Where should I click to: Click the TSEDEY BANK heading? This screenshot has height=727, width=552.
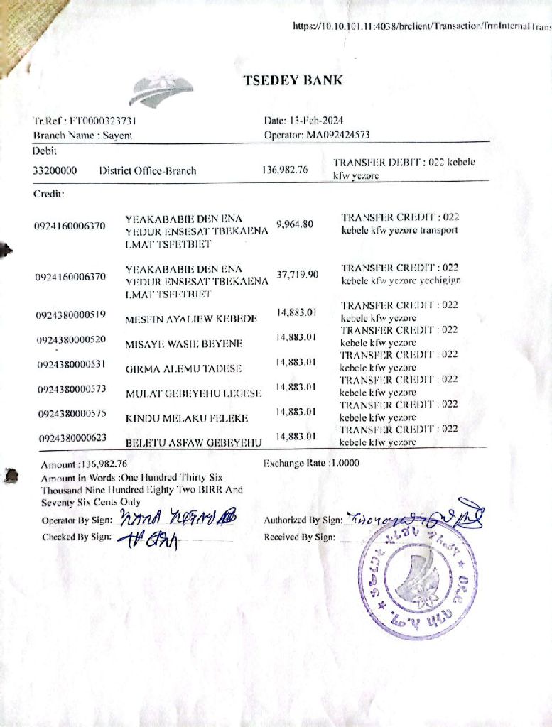pyautogui.click(x=293, y=80)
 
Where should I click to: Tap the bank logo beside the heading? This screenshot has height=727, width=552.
pyautogui.click(x=162, y=91)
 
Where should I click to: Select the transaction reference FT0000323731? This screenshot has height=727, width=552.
pyautogui.click(x=102, y=121)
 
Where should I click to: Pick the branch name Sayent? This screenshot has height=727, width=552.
pyautogui.click(x=117, y=135)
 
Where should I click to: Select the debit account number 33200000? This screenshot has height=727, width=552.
pyautogui.click(x=55, y=170)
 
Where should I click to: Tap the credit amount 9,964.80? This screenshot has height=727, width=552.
pyautogui.click(x=294, y=224)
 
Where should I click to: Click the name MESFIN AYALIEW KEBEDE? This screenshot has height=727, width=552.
pyautogui.click(x=191, y=319)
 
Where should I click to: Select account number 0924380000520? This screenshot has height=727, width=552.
pyautogui.click(x=71, y=339)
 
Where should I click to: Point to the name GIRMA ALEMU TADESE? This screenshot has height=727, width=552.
pyautogui.click(x=183, y=368)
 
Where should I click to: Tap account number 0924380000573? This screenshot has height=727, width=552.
pyautogui.click(x=71, y=389)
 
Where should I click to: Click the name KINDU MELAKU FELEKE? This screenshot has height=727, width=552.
pyautogui.click(x=186, y=418)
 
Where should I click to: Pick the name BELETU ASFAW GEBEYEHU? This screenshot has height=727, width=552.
pyautogui.click(x=194, y=442)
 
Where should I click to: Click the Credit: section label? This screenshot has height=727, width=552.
pyautogui.click(x=49, y=193)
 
